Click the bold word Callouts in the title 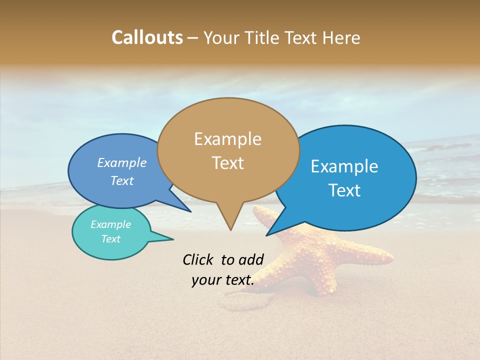(x=147, y=37)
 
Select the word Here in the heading (x=341, y=37)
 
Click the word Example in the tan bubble (x=227, y=139)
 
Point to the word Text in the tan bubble (x=227, y=162)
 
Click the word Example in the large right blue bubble (x=344, y=166)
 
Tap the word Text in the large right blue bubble (x=344, y=190)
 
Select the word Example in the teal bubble (x=110, y=224)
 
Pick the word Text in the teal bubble (x=110, y=239)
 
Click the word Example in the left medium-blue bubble (x=121, y=162)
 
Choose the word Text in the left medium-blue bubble (x=122, y=180)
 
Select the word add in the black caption (x=251, y=259)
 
